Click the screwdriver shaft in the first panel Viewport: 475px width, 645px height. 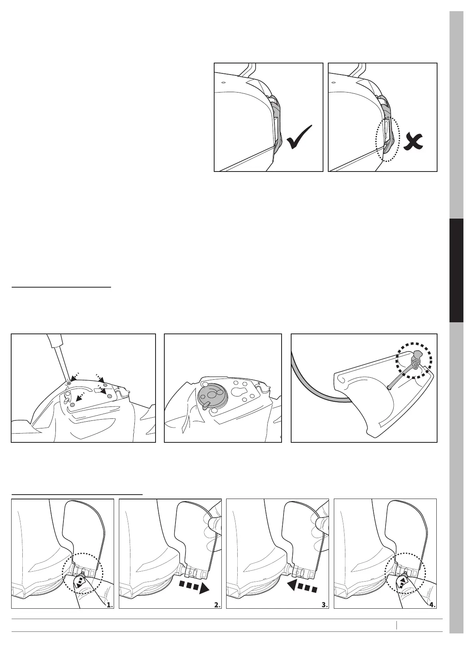click(x=59, y=358)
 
